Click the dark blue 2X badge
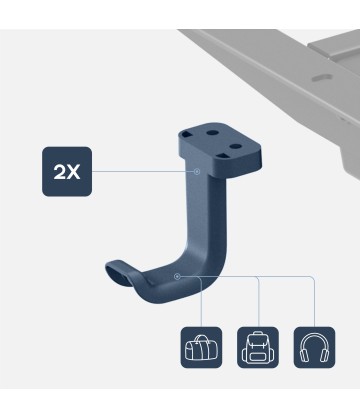(x=67, y=171)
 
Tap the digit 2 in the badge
(x=60, y=172)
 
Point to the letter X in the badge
(x=73, y=172)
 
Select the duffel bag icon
(x=201, y=347)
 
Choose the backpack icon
(x=258, y=347)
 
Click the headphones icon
(x=314, y=347)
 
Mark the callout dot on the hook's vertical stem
(x=197, y=171)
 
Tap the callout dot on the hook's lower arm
(x=177, y=276)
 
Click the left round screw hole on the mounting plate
(x=212, y=133)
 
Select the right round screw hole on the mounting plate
(x=235, y=146)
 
